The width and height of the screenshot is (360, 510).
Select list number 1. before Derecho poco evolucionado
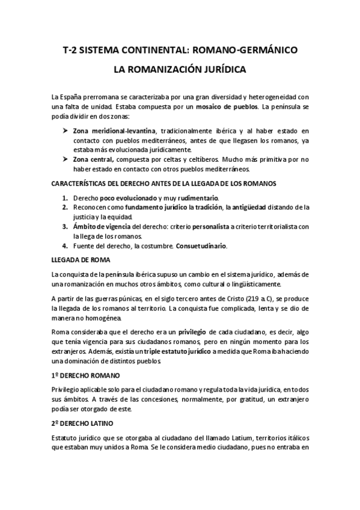[65, 198]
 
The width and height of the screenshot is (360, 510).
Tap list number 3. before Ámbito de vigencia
[65, 227]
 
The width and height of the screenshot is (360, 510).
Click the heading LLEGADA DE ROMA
[80, 260]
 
